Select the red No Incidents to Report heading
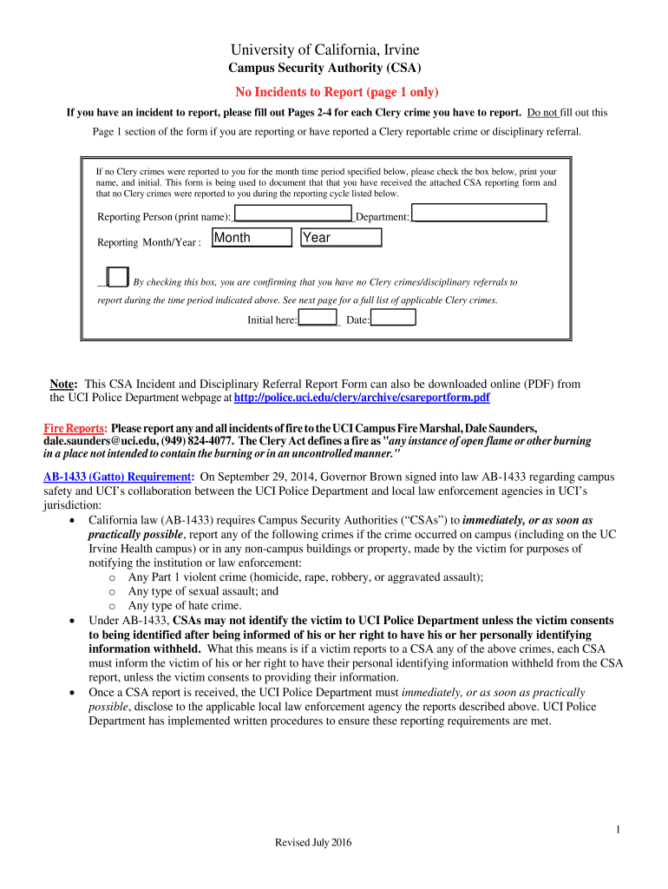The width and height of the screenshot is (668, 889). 337,92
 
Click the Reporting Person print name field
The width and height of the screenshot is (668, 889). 292,214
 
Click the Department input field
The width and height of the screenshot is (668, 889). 479,214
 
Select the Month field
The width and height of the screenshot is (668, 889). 252,238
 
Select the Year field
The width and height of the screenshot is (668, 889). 341,238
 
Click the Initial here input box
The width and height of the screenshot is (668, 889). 318,319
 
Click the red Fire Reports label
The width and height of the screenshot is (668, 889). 75,429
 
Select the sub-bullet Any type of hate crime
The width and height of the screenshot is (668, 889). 185,605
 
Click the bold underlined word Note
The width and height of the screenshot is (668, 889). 64,383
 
